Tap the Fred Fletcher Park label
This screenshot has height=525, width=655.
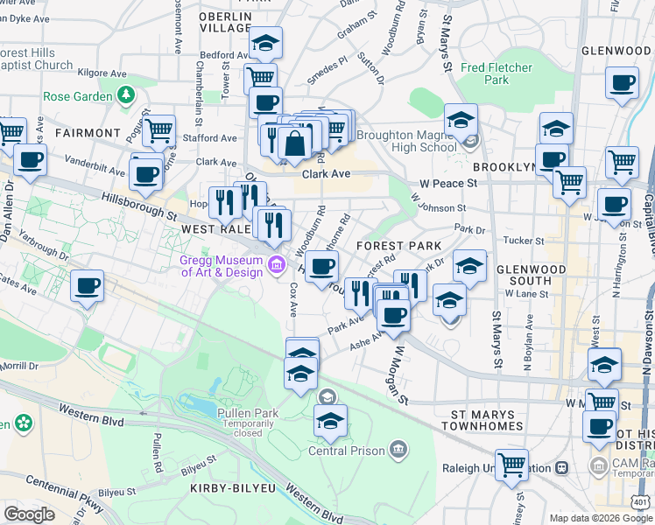(497, 73)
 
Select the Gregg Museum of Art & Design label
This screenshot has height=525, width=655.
(222, 265)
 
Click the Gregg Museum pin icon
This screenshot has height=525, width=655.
(277, 263)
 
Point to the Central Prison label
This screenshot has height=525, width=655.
(346, 451)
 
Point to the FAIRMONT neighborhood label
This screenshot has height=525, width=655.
(87, 133)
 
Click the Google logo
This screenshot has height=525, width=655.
(30, 514)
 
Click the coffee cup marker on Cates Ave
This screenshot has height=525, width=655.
(87, 285)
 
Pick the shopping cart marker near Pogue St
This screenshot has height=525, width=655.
(158, 131)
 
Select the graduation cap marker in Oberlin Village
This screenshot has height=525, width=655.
(264, 41)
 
